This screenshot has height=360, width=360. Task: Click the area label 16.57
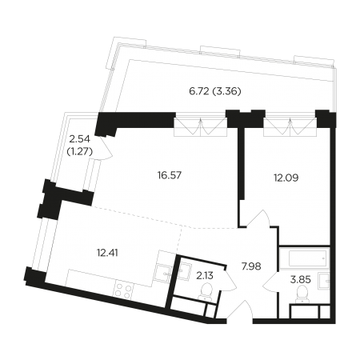tap(170, 175)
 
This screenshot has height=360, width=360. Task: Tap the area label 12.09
tap(286, 178)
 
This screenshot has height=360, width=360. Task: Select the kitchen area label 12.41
tap(107, 252)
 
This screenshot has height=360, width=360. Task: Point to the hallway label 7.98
tap(251, 266)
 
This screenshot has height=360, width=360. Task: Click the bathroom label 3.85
tap(300, 280)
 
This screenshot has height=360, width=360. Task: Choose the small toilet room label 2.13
tap(205, 276)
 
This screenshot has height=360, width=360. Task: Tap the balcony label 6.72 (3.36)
tap(215, 91)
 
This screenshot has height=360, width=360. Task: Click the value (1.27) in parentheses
tap(80, 152)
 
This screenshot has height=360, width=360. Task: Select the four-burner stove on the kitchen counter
tap(123, 290)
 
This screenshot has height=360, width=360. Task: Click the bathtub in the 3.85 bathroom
tap(305, 258)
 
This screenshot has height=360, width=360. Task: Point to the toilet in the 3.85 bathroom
tap(302, 294)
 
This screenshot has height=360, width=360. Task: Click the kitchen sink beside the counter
tap(162, 273)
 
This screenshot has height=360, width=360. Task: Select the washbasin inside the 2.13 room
tap(184, 271)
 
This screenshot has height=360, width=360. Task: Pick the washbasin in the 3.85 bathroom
tap(324, 281)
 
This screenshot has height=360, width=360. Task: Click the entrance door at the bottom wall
tap(240, 310)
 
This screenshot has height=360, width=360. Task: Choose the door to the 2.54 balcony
tap(106, 148)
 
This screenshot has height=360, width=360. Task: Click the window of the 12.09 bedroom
tap(290, 127)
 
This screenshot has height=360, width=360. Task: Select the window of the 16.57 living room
tap(201, 127)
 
